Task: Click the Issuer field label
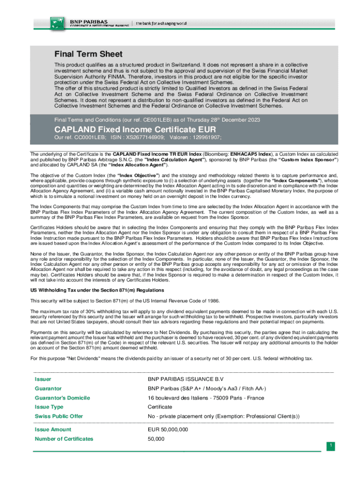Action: coord(43,379)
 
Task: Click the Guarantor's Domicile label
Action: coord(62,398)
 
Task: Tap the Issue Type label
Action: coord(49,407)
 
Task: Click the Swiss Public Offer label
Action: coord(58,416)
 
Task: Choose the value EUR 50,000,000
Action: coord(168,429)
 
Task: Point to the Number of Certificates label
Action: coord(64,439)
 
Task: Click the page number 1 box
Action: coord(331,446)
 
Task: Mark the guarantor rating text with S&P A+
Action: coord(207,388)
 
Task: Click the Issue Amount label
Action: coord(53,429)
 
